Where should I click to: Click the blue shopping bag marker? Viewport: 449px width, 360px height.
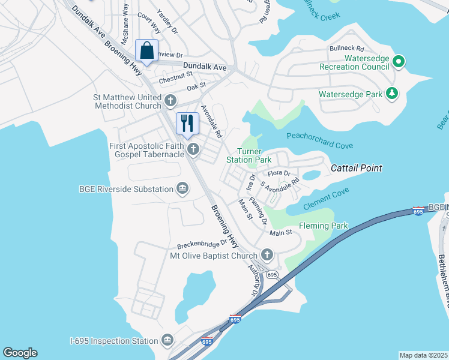pyautogui.click(x=147, y=51)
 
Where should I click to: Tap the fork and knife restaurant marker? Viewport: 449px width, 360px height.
pyautogui.click(x=187, y=124)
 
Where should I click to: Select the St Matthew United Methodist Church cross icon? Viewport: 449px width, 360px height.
pyautogui.click(x=170, y=100)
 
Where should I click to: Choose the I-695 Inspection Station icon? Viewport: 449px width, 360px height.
pyautogui.click(x=167, y=341)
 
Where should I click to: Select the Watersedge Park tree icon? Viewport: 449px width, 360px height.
pyautogui.click(x=391, y=94)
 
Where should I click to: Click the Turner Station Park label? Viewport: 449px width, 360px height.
pyautogui.click(x=249, y=156)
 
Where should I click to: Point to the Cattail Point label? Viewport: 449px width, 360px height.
pyautogui.click(x=356, y=169)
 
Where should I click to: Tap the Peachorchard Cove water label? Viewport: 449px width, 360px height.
pyautogui.click(x=319, y=140)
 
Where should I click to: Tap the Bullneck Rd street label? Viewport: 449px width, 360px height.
pyautogui.click(x=346, y=48)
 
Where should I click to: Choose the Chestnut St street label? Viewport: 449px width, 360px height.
pyautogui.click(x=175, y=77)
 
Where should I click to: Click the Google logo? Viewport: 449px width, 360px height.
pyautogui.click(x=20, y=353)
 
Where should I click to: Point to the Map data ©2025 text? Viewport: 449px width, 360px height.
pyautogui.click(x=423, y=355)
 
